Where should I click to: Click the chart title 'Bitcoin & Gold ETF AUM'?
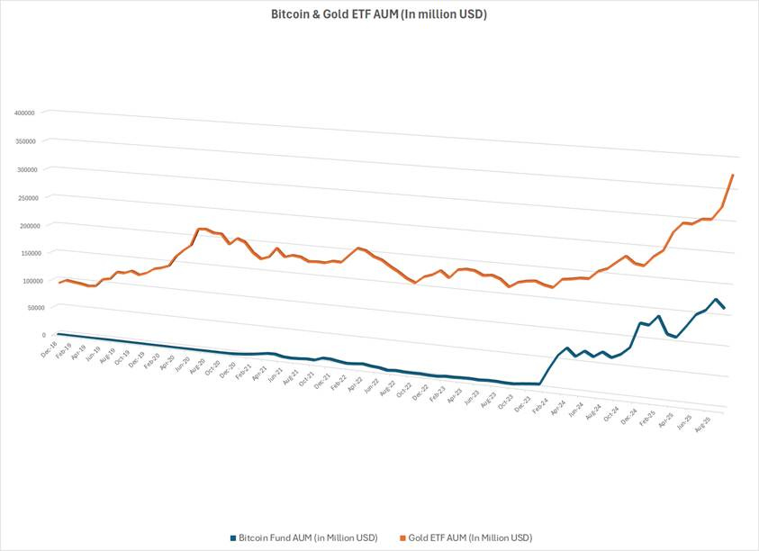point(379,14)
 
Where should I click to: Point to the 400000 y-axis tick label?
point(24,113)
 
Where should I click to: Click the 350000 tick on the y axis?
point(24,141)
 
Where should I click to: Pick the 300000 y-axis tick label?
point(24,169)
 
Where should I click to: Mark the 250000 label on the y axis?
point(24,197)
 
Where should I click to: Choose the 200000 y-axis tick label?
point(24,224)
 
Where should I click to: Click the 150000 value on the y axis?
point(24,252)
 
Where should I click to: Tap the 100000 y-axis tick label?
point(24,280)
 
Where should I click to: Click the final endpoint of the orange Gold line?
point(733,175)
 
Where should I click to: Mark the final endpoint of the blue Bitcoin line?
point(724,309)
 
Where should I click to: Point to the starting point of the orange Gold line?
point(59,283)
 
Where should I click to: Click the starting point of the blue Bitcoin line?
point(58,333)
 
